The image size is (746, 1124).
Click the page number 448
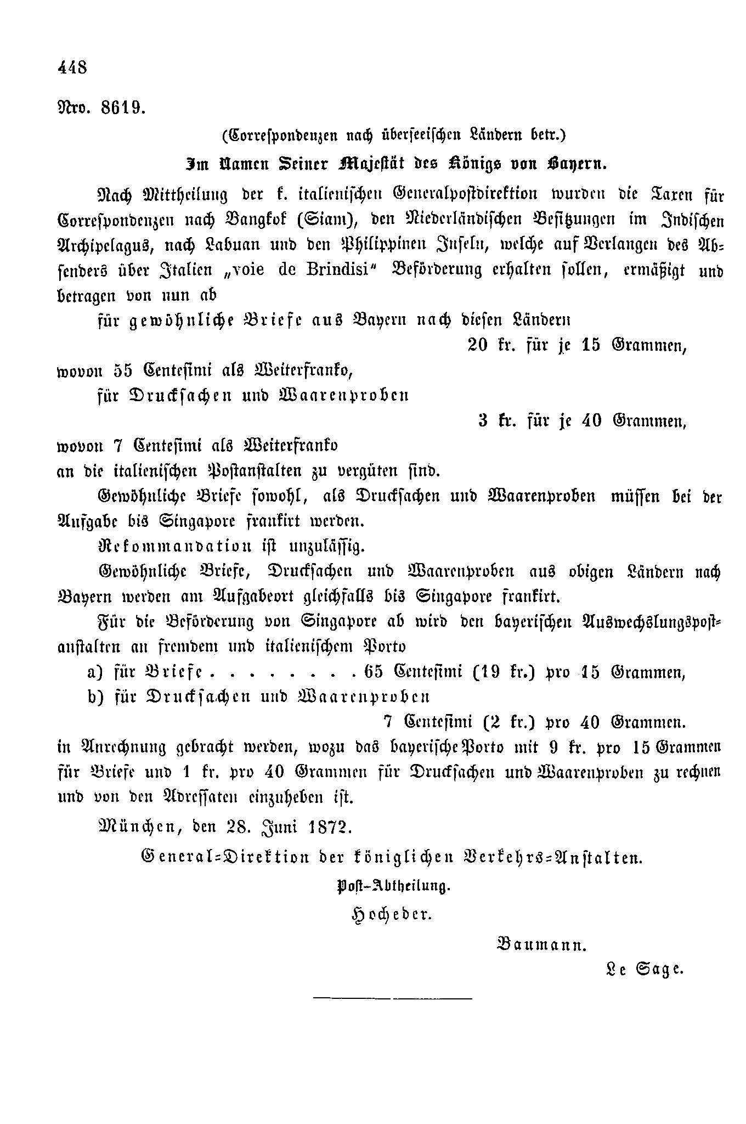click(72, 68)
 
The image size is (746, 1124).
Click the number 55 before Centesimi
click(123, 371)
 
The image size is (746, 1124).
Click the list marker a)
click(96, 672)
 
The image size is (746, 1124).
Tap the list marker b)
click(96, 697)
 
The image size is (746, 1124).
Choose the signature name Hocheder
click(392, 915)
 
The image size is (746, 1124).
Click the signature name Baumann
click(541, 945)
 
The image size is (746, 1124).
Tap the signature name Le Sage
click(643, 969)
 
